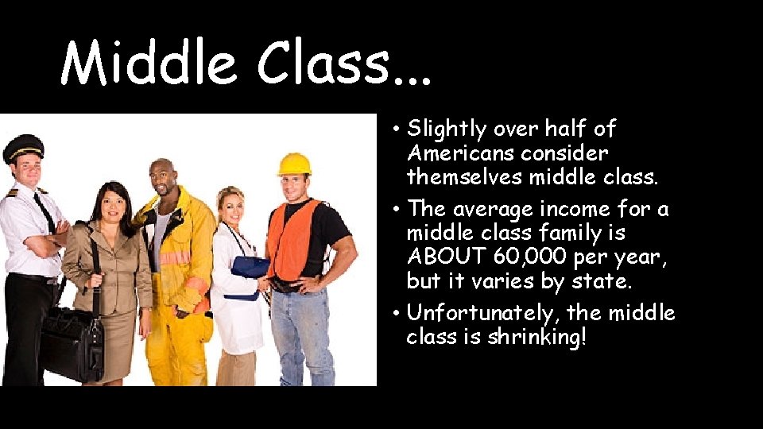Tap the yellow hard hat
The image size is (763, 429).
click(x=294, y=164)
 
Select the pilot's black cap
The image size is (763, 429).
click(x=23, y=147)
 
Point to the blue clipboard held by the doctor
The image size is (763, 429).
click(x=250, y=267)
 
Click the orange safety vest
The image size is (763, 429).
click(x=294, y=239)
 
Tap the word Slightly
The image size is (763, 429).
click(x=446, y=129)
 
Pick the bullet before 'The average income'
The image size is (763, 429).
click(x=396, y=211)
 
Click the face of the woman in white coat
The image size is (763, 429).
click(x=231, y=207)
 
